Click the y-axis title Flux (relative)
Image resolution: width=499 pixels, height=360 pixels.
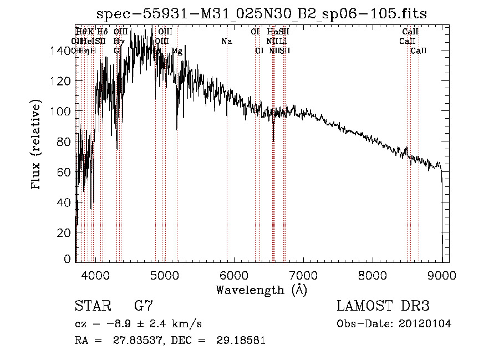(x=37, y=146)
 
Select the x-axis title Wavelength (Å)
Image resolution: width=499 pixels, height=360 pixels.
(x=261, y=290)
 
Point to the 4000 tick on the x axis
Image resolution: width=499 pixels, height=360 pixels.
(x=96, y=273)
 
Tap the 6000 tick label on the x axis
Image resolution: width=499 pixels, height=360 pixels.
(x=234, y=273)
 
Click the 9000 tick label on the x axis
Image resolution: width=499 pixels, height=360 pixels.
(x=442, y=273)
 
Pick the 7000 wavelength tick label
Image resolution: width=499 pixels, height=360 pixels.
(x=303, y=273)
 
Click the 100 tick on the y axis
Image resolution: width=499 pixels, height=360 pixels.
(x=63, y=111)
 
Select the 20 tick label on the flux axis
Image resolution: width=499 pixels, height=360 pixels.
(x=65, y=233)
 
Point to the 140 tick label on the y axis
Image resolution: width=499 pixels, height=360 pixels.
(x=60, y=51)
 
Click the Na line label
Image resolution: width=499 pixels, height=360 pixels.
(x=226, y=41)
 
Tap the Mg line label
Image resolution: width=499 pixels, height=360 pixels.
(x=177, y=51)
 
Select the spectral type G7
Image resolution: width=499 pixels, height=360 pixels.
(x=144, y=306)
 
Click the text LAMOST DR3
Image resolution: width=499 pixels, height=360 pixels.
(x=383, y=306)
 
